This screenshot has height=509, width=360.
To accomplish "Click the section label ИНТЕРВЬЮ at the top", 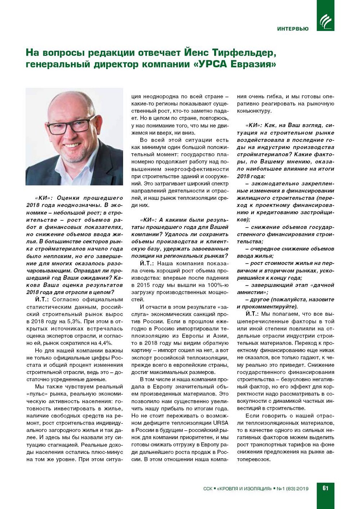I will [x=293, y=29].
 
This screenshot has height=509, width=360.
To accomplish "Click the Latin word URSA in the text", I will [x=220, y=423].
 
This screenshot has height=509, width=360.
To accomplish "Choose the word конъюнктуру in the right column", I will [x=254, y=111].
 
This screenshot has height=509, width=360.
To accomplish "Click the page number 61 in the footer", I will [x=325, y=488].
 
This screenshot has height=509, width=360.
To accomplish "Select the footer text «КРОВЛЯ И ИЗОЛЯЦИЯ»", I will [x=244, y=489].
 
